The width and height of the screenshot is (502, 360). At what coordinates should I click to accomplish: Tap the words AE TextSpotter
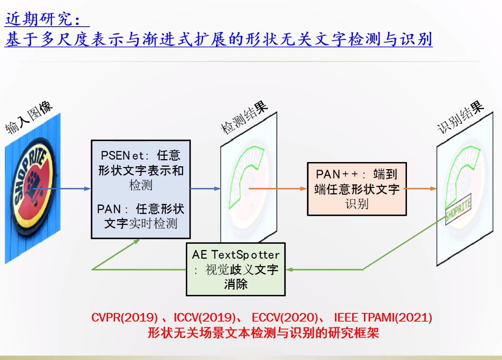(236, 254)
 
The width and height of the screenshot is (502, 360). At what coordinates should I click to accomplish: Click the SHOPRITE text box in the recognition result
(458, 210)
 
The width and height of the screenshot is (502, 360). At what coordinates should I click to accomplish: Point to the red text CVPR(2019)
(125, 318)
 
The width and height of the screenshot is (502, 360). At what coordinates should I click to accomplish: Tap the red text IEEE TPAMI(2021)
(383, 318)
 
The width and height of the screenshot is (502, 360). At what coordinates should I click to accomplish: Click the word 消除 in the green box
(236, 284)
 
